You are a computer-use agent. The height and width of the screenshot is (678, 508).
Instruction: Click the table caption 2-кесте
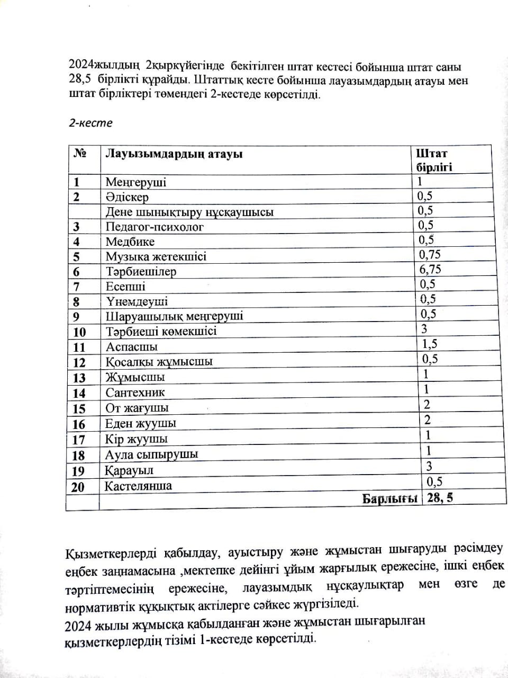pos(91,123)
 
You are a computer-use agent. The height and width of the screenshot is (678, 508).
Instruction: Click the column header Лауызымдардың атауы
pos(174,154)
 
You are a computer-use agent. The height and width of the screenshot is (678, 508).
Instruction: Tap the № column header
pos(80,154)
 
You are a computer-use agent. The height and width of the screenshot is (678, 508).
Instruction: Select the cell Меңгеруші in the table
pos(136,182)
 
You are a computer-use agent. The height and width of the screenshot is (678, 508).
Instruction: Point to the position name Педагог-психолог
pos(155,227)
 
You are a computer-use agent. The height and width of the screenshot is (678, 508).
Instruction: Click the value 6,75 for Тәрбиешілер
pos(430,270)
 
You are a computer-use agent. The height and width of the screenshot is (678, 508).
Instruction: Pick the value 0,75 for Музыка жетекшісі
pos(430,255)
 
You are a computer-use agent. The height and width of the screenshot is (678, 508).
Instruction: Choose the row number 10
pos(79,332)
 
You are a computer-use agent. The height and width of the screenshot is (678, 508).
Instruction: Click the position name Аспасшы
pos(132,347)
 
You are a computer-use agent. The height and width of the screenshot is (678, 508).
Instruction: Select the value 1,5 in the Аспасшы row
pos(429,344)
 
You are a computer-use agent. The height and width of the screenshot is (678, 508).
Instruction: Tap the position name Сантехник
pos(135,392)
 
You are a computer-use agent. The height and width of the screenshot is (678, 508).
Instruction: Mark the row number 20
pos(78,487)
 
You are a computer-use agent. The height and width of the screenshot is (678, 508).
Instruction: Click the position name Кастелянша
pos(138,486)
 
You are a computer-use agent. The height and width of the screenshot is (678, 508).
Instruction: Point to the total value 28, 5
pos(440,498)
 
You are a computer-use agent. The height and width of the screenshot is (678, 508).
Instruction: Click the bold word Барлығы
pos(390,499)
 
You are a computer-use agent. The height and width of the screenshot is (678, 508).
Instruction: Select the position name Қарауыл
pos(129,470)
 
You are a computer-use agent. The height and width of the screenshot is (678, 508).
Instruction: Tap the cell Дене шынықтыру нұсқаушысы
pos(189,212)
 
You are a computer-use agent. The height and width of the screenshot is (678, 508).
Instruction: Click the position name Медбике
pos(130,242)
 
